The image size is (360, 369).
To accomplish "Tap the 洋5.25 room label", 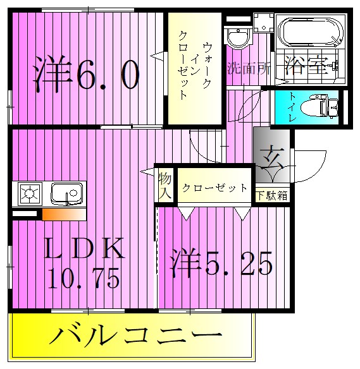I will click(x=221, y=263).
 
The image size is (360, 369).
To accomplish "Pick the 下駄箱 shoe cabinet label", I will click(x=272, y=195).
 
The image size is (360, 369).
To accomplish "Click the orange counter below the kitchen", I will click(x=64, y=215).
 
